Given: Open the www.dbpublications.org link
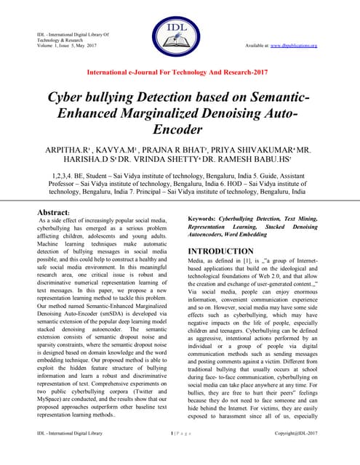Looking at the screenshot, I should point(298,46).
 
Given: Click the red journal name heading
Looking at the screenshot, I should point(180,73).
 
